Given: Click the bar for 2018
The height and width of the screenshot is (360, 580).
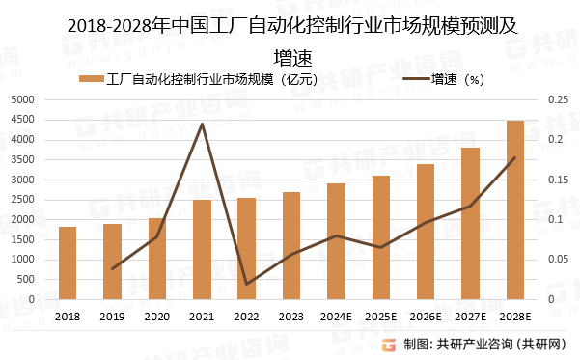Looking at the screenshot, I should pyautogui.click(x=68, y=263).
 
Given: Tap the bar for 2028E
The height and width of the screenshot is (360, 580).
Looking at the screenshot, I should pyautogui.click(x=514, y=209).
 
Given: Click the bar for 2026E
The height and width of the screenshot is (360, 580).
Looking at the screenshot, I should pyautogui.click(x=425, y=232).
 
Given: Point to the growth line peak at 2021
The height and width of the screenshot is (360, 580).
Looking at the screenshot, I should pyautogui.click(x=202, y=124).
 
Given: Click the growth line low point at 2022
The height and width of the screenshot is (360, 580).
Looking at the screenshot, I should pyautogui.click(x=246, y=284).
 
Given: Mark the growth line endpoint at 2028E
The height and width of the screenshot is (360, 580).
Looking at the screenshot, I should pyautogui.click(x=514, y=158).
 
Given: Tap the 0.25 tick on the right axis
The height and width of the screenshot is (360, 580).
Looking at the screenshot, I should pyautogui.click(x=559, y=99).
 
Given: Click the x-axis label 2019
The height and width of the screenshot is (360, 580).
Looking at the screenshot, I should pyautogui.click(x=112, y=316).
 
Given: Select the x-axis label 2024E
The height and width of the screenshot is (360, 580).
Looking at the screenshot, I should pyautogui.click(x=336, y=316).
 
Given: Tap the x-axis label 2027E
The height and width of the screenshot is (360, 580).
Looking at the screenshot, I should pyautogui.click(x=470, y=316).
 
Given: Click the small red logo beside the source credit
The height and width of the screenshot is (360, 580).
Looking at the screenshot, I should pyautogui.click(x=389, y=345).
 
